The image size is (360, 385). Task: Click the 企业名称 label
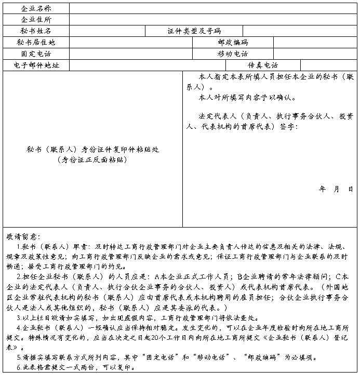coord(36,9)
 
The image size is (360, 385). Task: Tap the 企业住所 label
coord(36,20)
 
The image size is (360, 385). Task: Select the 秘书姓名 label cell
coord(36,31)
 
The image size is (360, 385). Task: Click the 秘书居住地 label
coord(36,43)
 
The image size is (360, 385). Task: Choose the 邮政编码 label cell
coord(233,43)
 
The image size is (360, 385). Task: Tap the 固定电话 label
coord(36,54)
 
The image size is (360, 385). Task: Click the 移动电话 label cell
coord(233,54)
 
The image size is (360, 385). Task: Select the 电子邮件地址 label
coord(36,65)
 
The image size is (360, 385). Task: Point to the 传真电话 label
coord(263,65)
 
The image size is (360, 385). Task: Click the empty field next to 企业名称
coord(213,9)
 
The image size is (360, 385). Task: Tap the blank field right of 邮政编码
coord(315,43)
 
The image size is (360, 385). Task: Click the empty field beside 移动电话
coord(315,54)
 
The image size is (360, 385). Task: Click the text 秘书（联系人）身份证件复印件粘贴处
coord(93,150)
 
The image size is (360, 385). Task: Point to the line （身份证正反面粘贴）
coord(93,160)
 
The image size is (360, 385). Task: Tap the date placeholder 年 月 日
coord(336,189)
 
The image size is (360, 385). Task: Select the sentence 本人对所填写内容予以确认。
coord(247,97)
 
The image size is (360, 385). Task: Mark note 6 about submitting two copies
coord(76,367)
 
